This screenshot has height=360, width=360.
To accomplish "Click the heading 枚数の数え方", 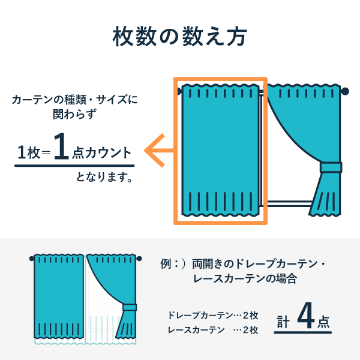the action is point(180,37).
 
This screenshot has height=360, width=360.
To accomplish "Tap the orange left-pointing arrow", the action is point(158,151).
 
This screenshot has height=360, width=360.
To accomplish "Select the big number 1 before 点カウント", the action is point(61,146).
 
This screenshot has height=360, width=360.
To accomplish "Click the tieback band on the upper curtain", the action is point(331,167).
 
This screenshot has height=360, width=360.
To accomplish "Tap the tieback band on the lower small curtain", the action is point(130,307).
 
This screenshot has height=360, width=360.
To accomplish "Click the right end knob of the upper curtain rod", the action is point(344,91).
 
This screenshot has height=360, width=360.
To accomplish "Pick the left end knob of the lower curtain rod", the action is point(32,259).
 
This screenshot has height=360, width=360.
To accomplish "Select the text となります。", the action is point(104,177).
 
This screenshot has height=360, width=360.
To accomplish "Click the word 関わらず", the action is point(74,114).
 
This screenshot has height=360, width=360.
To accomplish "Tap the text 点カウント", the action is point(102,152).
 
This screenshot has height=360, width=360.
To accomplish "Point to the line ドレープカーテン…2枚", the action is point(213,316).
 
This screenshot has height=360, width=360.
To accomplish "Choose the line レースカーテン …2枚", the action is point(213,330).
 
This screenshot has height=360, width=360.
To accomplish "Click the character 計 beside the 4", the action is point(283,322).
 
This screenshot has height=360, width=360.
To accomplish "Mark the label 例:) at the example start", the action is point(173,264).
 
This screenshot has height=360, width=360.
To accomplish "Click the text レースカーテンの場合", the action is point(245,279).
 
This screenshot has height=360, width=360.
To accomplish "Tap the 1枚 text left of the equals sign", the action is point(29,152).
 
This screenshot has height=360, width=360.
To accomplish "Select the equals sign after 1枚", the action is point(46,152).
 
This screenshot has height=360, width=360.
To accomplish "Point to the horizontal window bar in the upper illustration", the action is point(289,203).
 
